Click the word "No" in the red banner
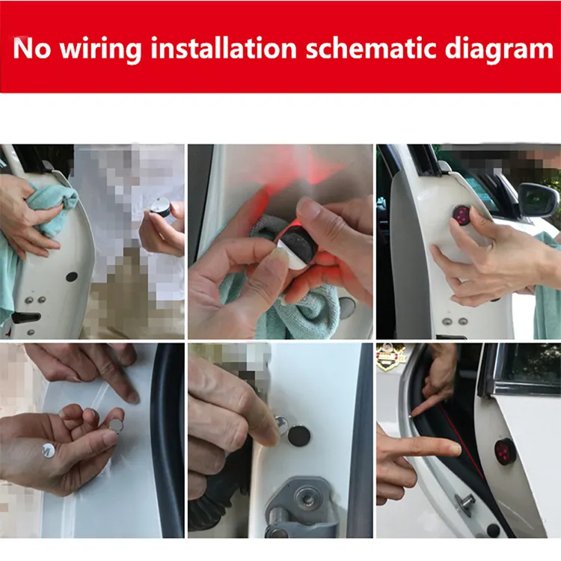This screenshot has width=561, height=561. coord(32,48)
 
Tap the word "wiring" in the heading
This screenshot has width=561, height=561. coord(100,50)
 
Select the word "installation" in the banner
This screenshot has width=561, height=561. coord(224,48)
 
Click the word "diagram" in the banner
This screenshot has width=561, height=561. coord(499,50)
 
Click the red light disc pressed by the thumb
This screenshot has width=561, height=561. coord(462,214)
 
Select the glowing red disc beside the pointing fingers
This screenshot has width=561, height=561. coord(503,451)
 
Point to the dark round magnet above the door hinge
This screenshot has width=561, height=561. coord(298,435)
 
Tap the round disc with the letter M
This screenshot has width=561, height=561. coord(49,450)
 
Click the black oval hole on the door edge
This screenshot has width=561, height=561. coord(72,276)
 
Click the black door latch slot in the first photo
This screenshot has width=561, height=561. coord(25,317)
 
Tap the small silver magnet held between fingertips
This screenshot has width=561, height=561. coord(115,425)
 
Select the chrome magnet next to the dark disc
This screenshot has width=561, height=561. coord(281,425)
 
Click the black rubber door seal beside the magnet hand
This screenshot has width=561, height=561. coord(167,440)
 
